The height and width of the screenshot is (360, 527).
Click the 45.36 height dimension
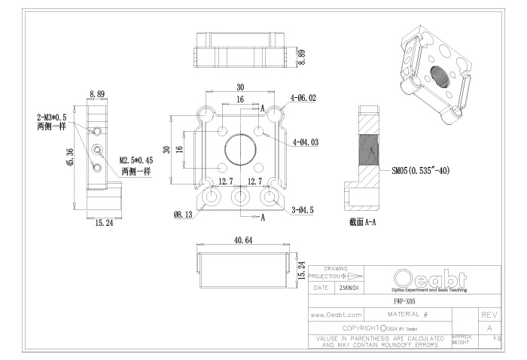point(70,156)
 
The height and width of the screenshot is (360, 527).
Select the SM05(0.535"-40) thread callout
point(420,171)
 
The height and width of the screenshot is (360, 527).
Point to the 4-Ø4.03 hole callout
point(304,142)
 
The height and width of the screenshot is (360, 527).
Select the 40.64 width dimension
point(243,240)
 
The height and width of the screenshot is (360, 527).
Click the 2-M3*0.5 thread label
point(51,117)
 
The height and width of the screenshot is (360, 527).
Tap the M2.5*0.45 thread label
point(136,160)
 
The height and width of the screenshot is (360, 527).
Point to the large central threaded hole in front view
point(241,150)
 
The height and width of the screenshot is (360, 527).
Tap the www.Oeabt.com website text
point(337,314)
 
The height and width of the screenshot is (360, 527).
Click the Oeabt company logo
point(428,278)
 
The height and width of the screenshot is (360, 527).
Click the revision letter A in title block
point(490,328)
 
